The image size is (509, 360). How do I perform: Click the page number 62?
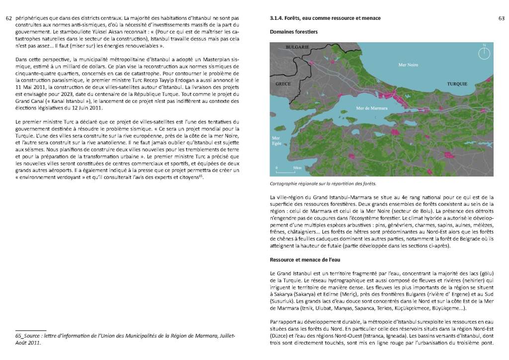pyautogui.click(x=8, y=18)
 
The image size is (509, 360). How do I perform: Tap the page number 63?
pyautogui.click(x=501, y=18)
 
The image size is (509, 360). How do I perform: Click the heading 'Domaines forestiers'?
pyautogui.click(x=293, y=32)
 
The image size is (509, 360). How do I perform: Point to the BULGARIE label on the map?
pyautogui.click(x=297, y=47)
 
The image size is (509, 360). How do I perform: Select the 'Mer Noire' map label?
pyautogui.click(x=409, y=65)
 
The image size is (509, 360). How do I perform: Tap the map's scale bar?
pyautogui.click(x=288, y=171)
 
